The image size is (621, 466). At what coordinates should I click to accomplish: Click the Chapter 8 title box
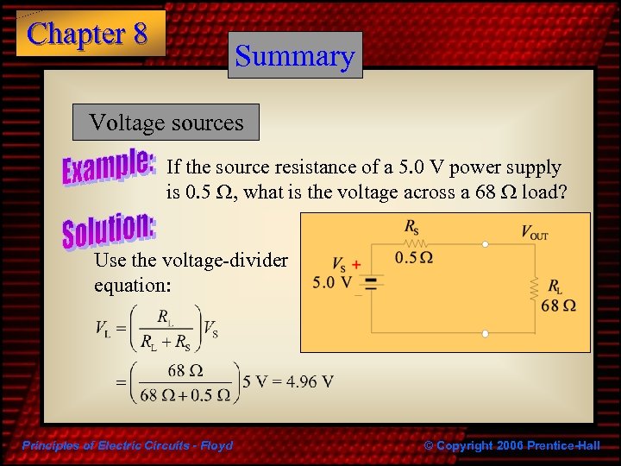[x=89, y=34]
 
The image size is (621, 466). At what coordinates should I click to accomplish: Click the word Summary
[x=295, y=56]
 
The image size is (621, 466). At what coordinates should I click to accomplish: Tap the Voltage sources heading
[x=166, y=123]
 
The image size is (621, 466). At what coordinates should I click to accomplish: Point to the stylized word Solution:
[x=108, y=228]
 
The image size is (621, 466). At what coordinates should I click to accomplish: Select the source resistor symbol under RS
[x=413, y=244]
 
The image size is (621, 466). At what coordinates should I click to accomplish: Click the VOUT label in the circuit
[x=534, y=231]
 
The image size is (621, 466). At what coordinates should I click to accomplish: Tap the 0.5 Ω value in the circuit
[x=414, y=257]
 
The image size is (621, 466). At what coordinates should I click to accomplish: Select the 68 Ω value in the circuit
[x=559, y=305]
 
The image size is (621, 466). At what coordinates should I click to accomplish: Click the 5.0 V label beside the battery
[x=331, y=282]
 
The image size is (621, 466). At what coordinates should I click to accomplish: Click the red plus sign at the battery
[x=356, y=266]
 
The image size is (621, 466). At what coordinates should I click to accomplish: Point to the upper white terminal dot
[x=486, y=244]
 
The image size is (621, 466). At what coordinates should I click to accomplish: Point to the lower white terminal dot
[x=486, y=333]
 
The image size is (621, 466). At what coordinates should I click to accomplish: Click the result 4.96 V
[x=307, y=381]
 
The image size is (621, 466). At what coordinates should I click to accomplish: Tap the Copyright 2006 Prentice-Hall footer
[x=512, y=445]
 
